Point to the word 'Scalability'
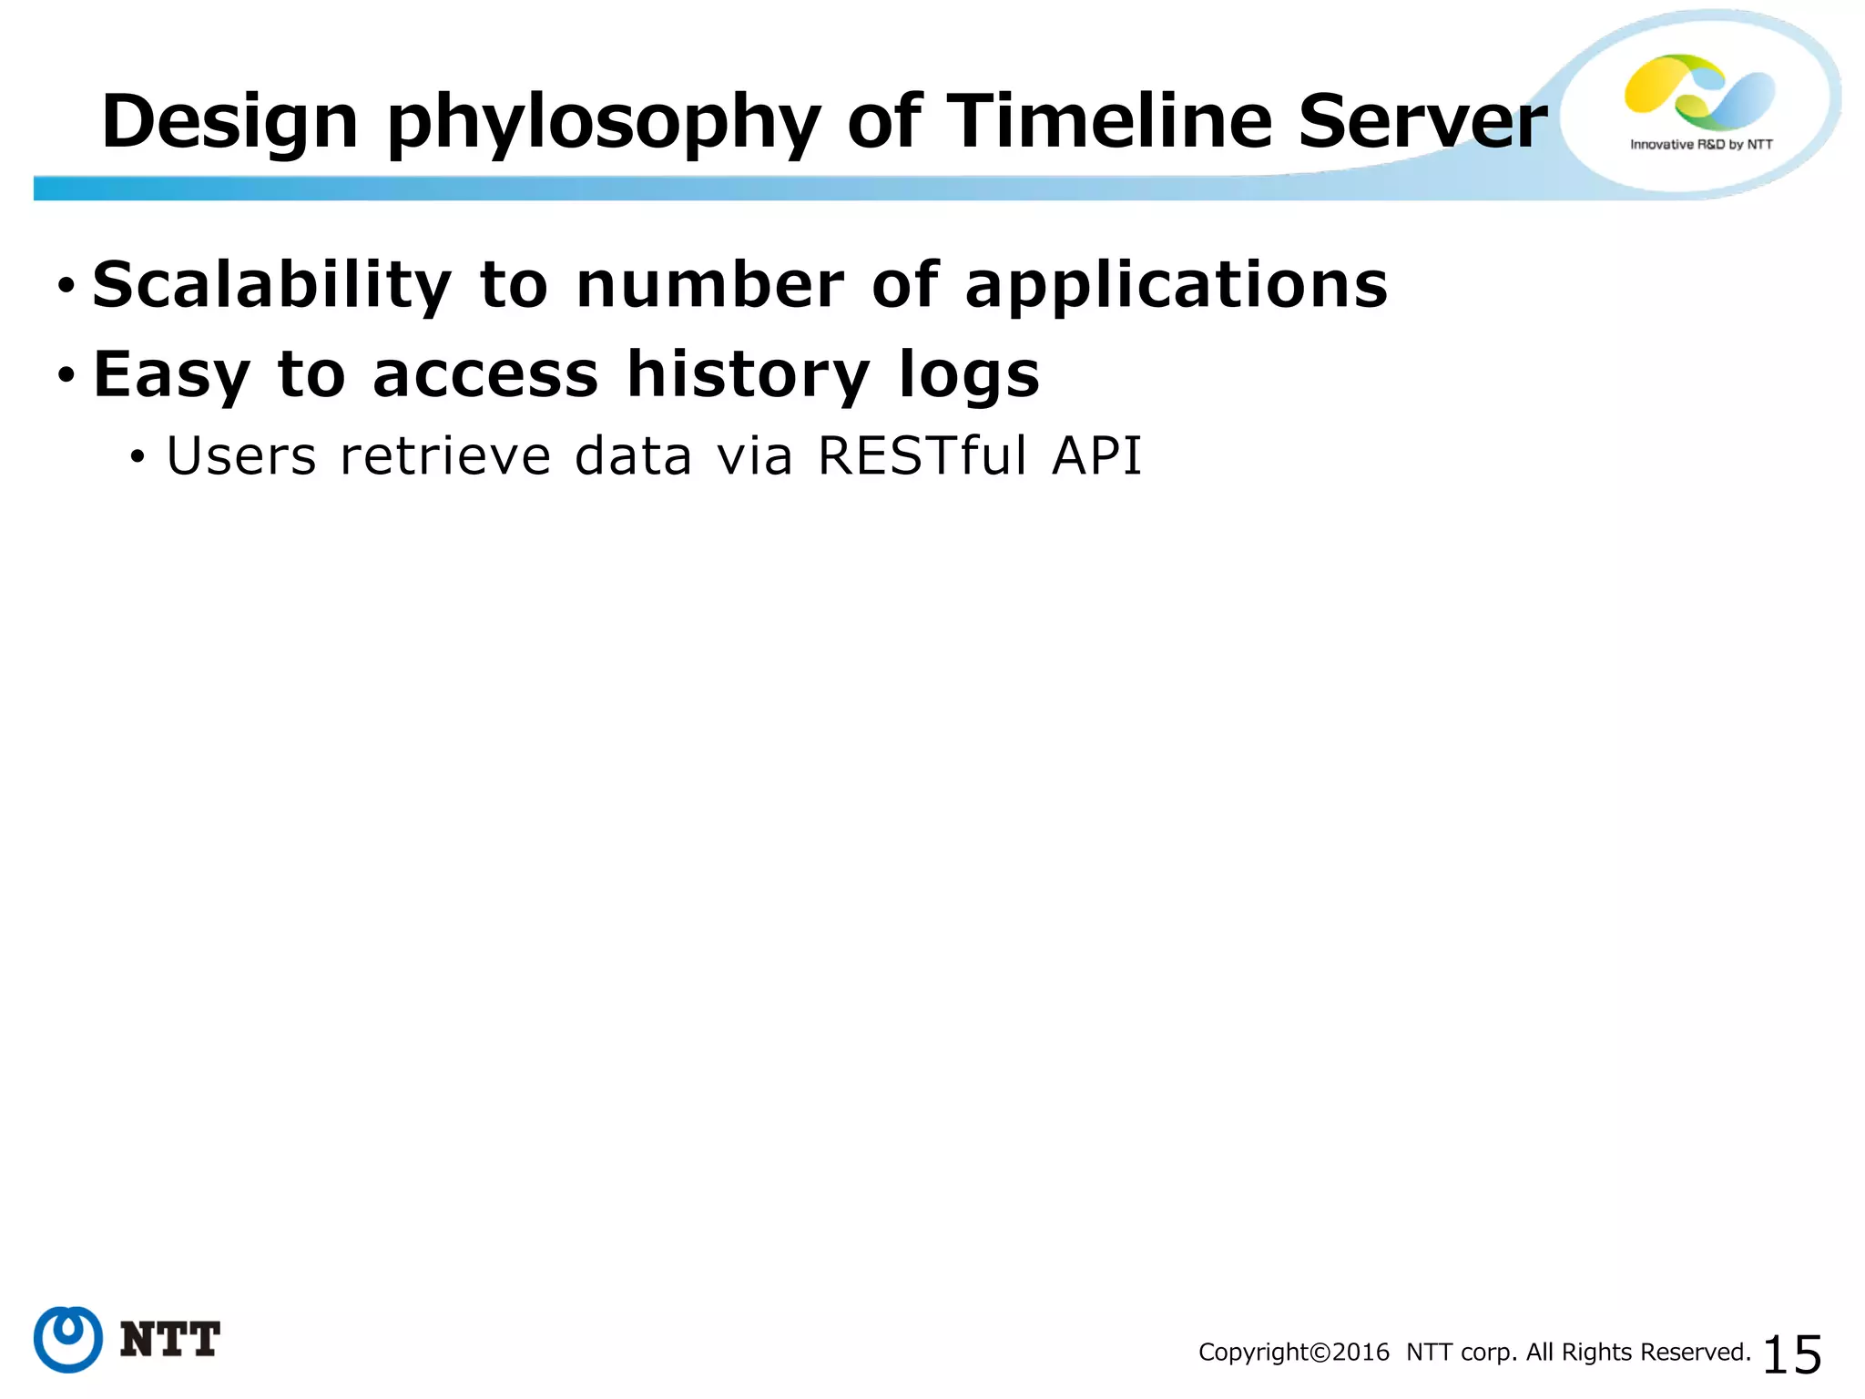coord(271,286)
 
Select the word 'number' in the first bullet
coord(709,286)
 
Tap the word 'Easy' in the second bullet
coord(171,376)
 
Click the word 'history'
coord(748,376)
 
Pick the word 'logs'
coord(968,376)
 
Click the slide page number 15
coord(1791,1354)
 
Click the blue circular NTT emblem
coord(68,1339)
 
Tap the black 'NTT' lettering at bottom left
coord(169,1340)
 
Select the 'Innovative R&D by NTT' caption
coord(1700,144)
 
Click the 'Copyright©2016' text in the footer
coord(1293,1353)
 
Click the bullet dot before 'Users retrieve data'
coord(137,456)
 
